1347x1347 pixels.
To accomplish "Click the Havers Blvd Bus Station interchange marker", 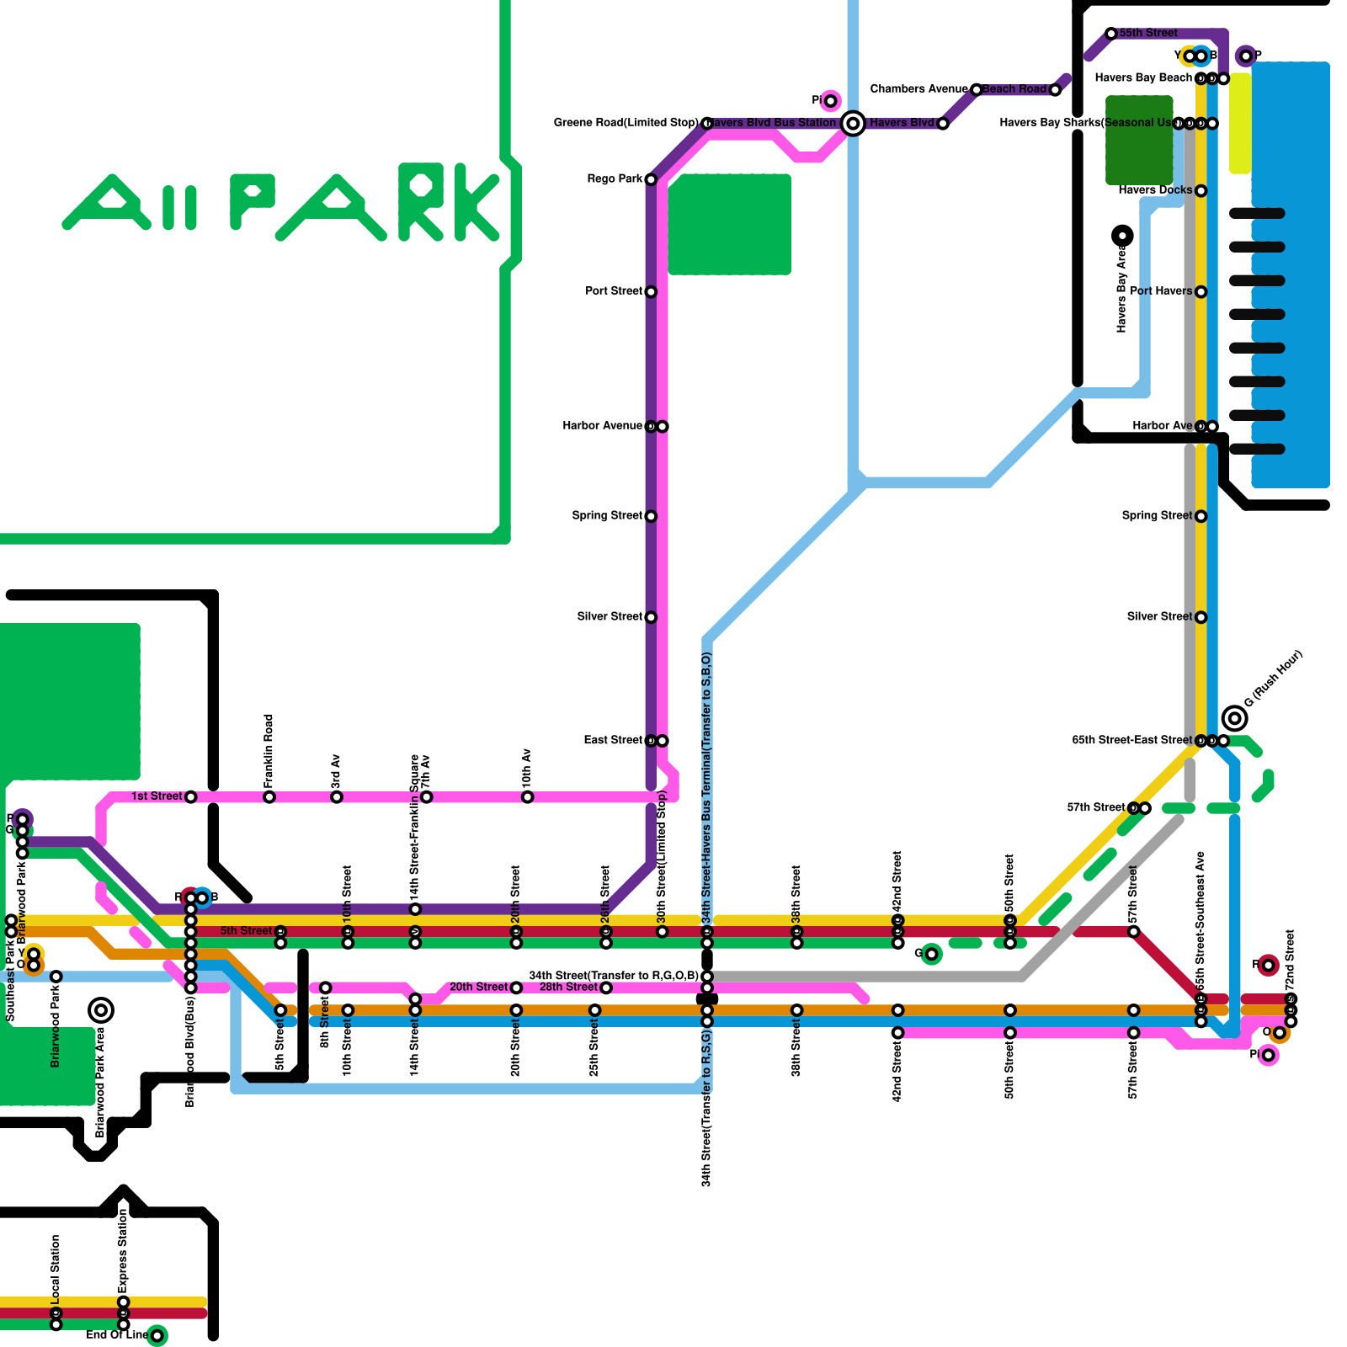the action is coord(853,124).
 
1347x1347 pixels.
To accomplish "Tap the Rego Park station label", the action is coord(615,179).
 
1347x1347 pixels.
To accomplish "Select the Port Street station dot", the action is coord(651,292).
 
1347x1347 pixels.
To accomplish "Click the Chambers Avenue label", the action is coord(918,89).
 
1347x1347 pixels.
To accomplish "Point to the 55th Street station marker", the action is coord(1111,34).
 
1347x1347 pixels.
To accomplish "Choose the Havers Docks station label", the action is coord(1155,190).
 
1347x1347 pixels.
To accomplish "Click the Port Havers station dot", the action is coord(1201,292).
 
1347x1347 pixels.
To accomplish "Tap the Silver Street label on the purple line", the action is coord(610,617).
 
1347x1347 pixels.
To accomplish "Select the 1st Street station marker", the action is coord(191,797).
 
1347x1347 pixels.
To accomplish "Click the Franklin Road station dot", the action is coord(269,797).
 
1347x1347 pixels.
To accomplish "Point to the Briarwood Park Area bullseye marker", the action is coord(101,1010).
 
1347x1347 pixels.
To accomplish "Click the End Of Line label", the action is coord(116,1335).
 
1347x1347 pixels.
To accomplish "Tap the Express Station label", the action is coord(123,1251).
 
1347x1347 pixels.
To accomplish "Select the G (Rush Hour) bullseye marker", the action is coord(1235,718).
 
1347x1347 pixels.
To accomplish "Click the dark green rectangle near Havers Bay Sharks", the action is coord(1139,140).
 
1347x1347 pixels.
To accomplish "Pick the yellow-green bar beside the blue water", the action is coord(1240,124).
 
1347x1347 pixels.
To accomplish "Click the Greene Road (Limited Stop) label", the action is coord(626,123).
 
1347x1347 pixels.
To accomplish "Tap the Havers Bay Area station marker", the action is coord(1122,236).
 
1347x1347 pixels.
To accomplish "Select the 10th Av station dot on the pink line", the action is coord(527,797).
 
